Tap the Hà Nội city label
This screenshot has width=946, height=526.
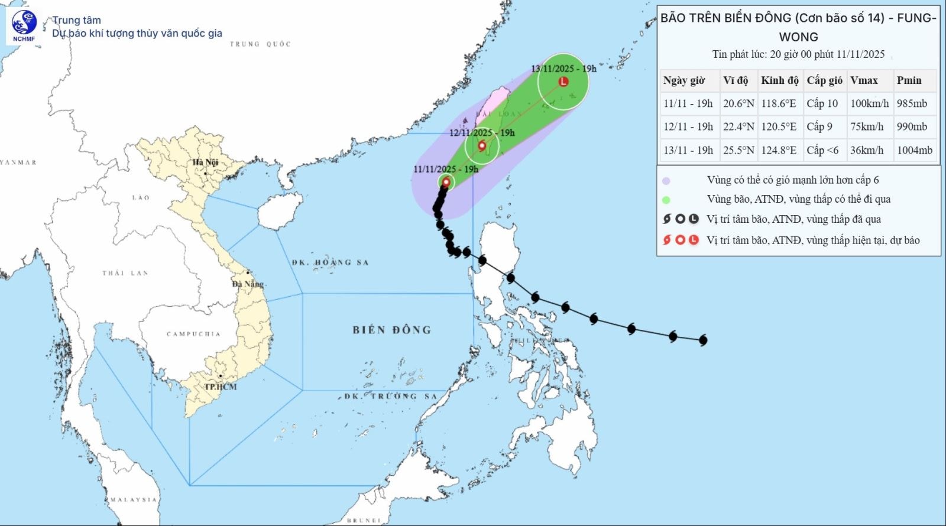205,162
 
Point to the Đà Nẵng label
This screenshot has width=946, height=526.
248,284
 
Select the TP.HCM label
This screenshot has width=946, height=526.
221,387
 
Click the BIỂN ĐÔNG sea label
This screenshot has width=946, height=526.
391,330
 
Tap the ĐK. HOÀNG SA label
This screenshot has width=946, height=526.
330,262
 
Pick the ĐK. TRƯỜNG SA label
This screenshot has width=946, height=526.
391,396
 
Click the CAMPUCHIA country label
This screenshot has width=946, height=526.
193,334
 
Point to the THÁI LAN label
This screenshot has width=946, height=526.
125,273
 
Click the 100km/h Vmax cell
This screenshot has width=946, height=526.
869,103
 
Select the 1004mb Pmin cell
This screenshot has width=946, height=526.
914,150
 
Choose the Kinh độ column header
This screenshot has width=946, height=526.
779,80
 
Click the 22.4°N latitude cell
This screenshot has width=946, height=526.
738,126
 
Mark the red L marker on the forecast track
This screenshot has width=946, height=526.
563,82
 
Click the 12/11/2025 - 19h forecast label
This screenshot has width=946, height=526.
482,133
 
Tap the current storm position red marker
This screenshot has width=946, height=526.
446,182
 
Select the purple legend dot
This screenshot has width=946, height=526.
666,181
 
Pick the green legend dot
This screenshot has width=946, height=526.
666,200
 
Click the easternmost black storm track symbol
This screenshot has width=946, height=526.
703,340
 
